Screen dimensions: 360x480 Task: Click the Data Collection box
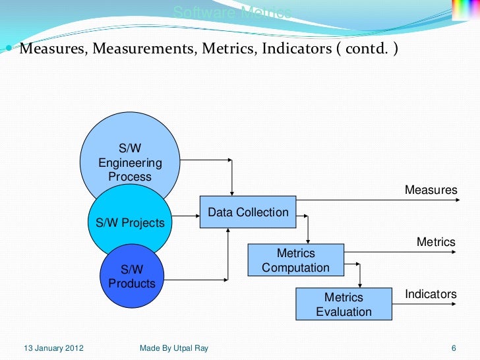[x=248, y=212]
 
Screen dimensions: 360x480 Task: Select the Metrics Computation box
[x=295, y=260]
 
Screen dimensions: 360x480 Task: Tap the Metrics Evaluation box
[x=344, y=305]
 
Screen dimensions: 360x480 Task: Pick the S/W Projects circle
[x=130, y=223]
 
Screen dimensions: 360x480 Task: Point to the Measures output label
[x=431, y=190]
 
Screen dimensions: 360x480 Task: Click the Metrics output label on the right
[x=436, y=242]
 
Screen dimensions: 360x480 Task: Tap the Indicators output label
[x=431, y=294]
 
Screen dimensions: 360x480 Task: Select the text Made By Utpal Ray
[x=174, y=347]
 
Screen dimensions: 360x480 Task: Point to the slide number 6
[x=454, y=347]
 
